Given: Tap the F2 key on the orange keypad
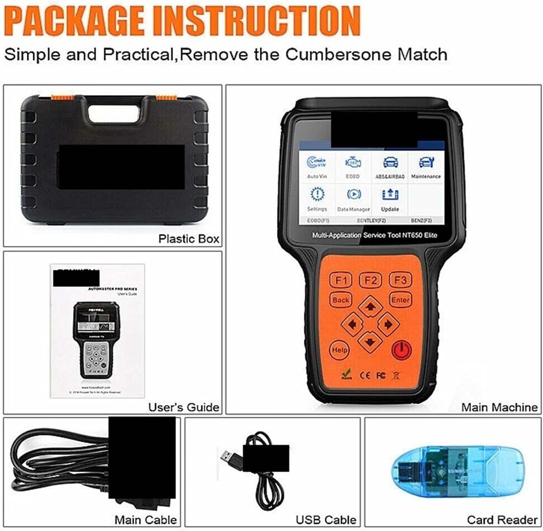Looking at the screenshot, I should click(x=370, y=280).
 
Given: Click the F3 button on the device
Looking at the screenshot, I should click(x=400, y=280).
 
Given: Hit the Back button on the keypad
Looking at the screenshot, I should click(x=341, y=300).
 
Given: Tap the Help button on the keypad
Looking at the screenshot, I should click(x=339, y=350).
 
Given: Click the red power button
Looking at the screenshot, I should click(x=401, y=350).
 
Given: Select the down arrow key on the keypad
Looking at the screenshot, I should click(x=370, y=342).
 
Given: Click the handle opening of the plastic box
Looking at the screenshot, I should click(x=114, y=112).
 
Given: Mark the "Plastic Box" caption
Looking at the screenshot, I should click(x=189, y=239).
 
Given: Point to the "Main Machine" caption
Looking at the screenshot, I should click(x=499, y=407).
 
